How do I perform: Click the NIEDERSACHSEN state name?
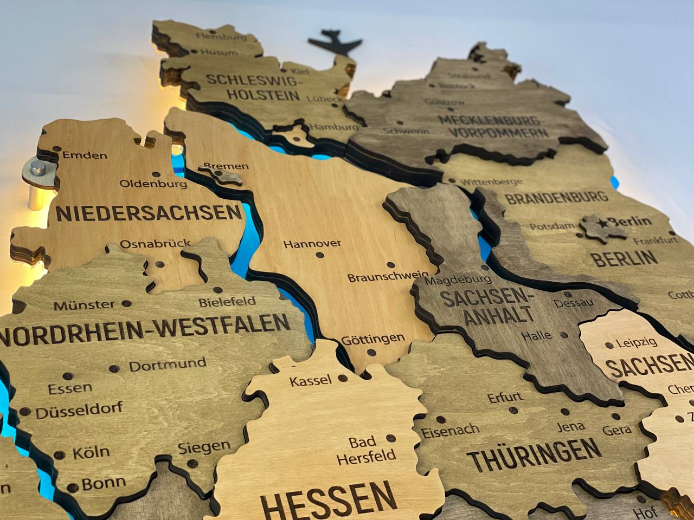149,213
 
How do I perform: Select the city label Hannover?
312,244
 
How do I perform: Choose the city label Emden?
85,155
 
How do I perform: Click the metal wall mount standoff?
37,168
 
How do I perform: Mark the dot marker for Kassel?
342,378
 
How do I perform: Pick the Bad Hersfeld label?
366,450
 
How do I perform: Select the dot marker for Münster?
127,304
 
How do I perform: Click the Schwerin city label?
406,131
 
